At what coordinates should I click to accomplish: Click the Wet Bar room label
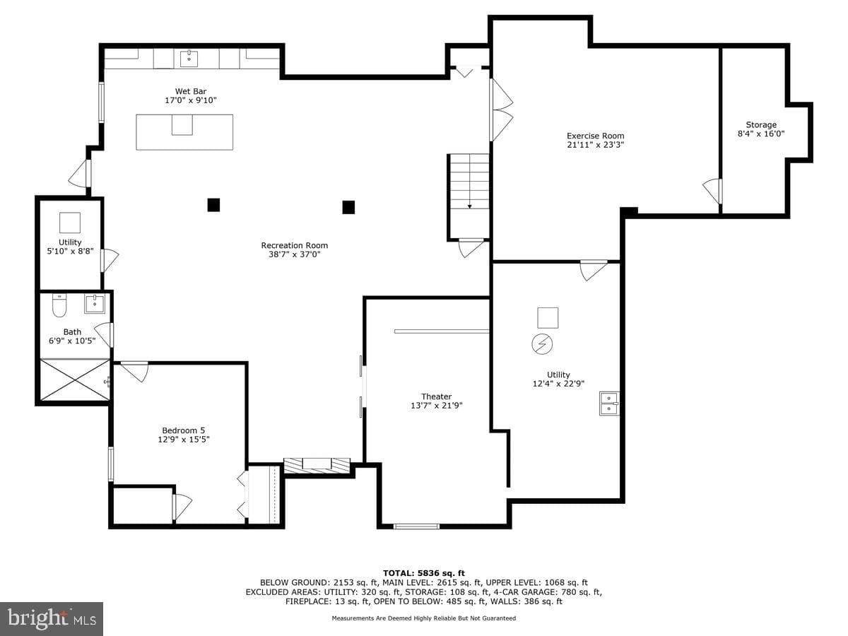191,92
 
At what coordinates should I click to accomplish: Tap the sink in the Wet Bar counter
189,59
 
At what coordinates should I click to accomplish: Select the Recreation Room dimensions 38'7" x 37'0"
295,254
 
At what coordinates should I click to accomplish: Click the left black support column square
213,205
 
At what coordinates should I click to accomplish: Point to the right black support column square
348,207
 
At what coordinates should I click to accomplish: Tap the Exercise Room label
595,136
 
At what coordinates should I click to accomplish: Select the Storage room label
761,125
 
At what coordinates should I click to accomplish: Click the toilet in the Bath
59,305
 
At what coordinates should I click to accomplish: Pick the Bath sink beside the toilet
95,304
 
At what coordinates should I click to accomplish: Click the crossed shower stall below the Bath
75,379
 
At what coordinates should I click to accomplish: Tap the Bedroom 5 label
184,430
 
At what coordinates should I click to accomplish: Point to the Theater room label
437,396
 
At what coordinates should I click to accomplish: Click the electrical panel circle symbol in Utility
542,344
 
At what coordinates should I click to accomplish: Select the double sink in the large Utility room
609,404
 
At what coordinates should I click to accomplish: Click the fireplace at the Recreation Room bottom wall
317,465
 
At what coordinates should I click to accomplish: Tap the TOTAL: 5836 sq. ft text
424,573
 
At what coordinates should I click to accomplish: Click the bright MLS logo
52,619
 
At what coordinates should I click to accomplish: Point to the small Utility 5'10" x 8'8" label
70,247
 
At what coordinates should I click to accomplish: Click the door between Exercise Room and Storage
713,191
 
